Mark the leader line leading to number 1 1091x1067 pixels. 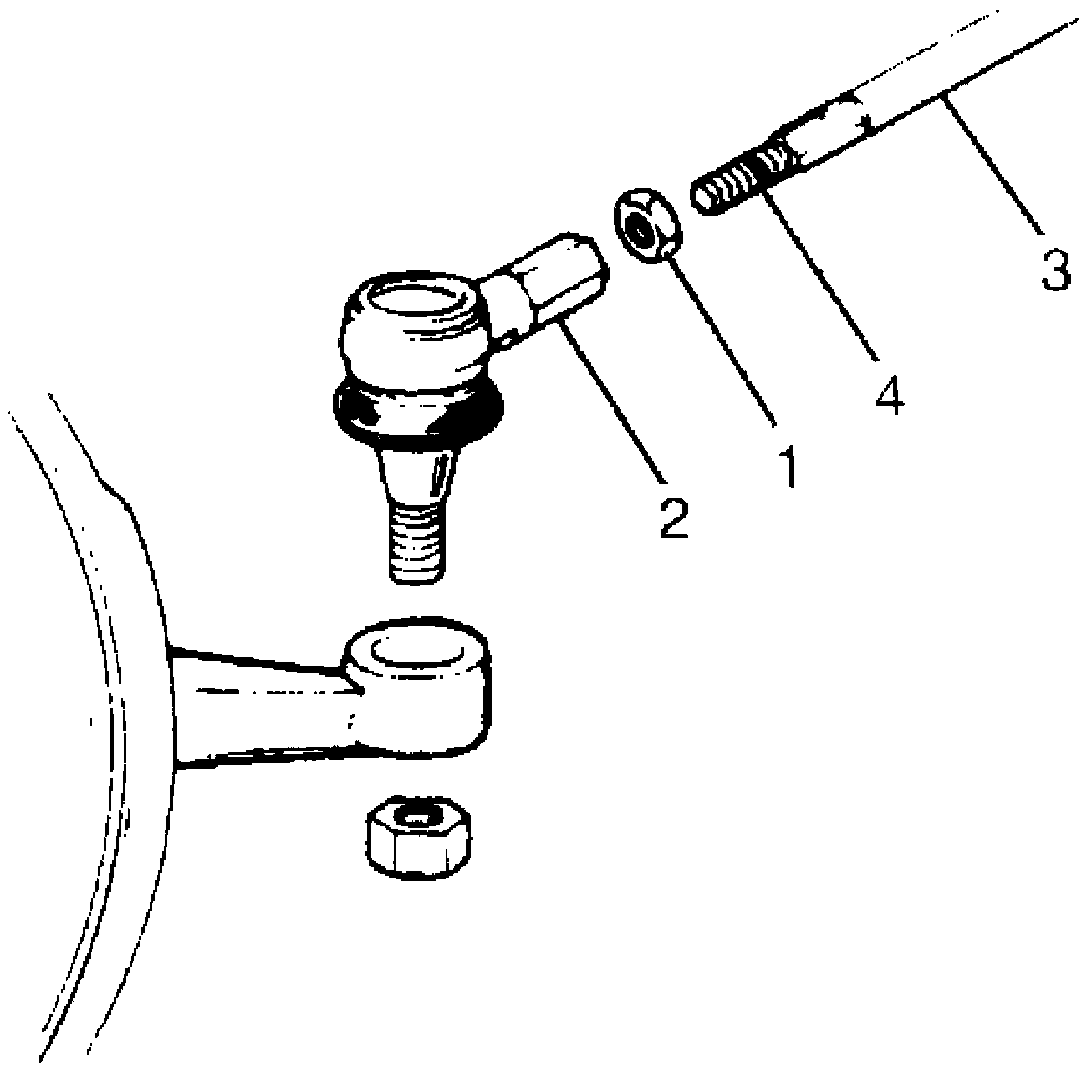723,334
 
